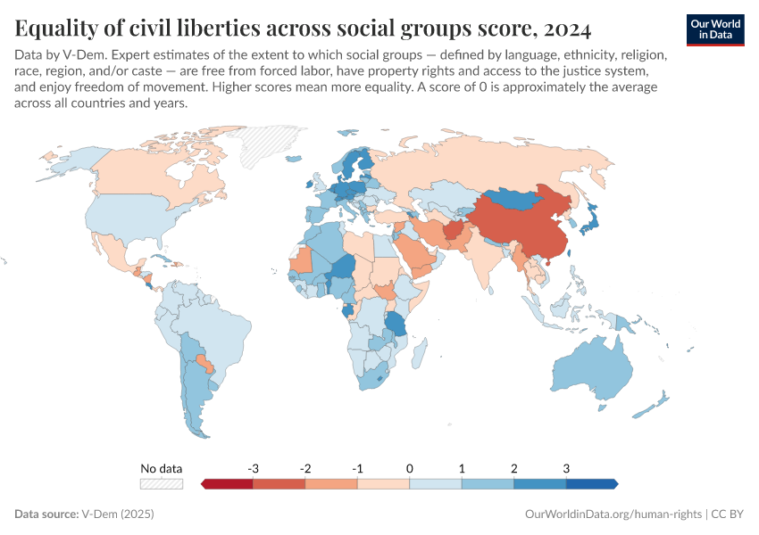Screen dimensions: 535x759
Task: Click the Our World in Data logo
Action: [x=714, y=29]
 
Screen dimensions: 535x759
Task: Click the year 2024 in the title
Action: [x=565, y=29]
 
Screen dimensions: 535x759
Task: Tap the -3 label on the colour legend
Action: [x=254, y=468]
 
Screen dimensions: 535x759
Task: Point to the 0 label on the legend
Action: [x=410, y=468]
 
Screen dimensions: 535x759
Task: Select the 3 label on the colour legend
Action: [x=566, y=468]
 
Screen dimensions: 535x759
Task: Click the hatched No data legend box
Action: [x=161, y=484]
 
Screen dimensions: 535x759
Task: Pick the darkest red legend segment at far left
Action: [x=228, y=484]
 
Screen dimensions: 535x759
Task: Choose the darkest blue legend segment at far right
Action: [x=591, y=484]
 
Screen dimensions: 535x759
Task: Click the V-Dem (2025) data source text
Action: [x=117, y=514]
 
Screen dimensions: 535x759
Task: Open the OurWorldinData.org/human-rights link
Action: [x=612, y=514]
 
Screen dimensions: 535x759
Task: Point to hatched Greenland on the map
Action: [x=271, y=143]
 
